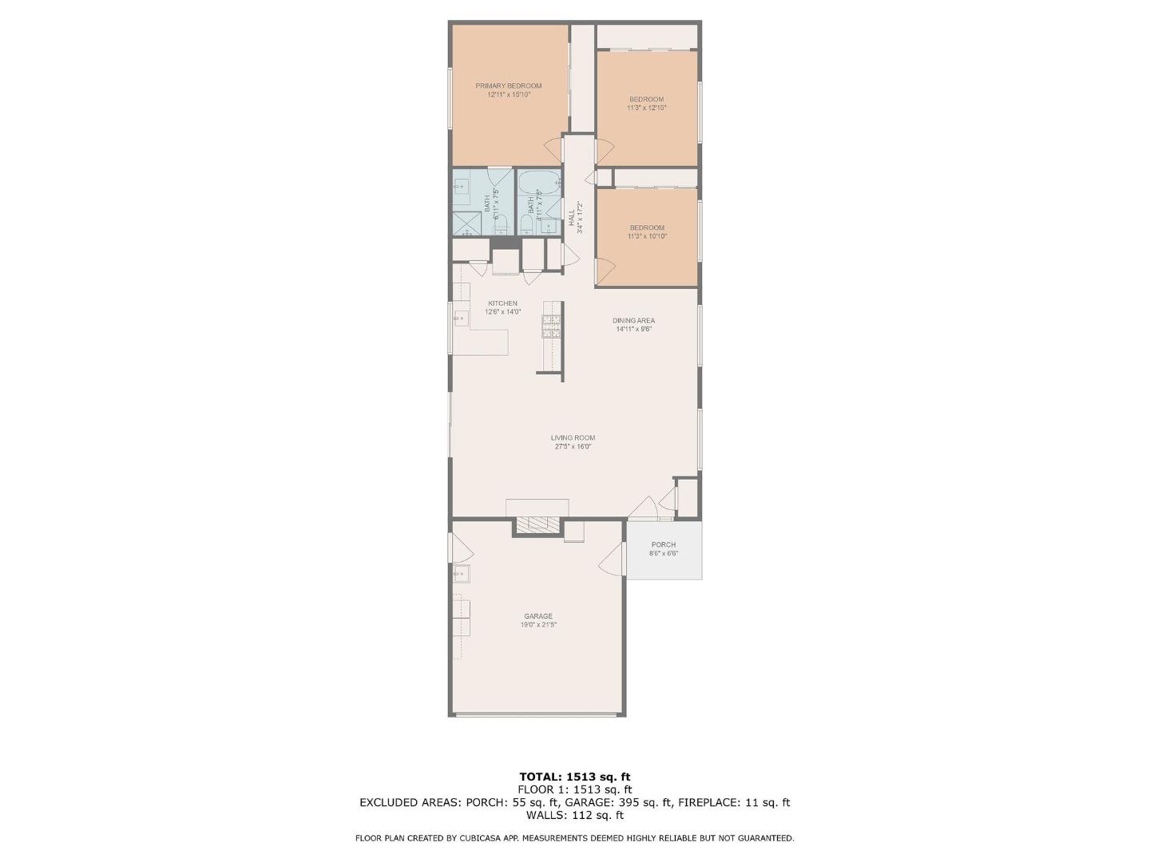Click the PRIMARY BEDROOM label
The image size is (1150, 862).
pos(508,86)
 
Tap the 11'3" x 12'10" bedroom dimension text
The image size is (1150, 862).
pos(646,108)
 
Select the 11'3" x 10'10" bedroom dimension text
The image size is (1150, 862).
pos(646,236)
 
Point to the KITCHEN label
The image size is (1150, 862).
pos(502,303)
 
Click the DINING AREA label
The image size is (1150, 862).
pos(633,321)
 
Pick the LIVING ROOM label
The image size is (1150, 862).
pos(573,437)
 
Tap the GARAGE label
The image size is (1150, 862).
pos(537,616)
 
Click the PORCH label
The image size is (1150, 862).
pos(663,545)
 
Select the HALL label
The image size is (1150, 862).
pos(572,218)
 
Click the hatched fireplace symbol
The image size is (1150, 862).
pos(537,524)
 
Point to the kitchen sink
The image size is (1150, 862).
pos(461,318)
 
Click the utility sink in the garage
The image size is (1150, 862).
pos(461,574)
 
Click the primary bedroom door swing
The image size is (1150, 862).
pos(553,149)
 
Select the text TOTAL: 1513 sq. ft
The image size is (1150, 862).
pos(574,777)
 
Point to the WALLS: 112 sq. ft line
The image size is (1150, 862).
pos(574,816)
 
